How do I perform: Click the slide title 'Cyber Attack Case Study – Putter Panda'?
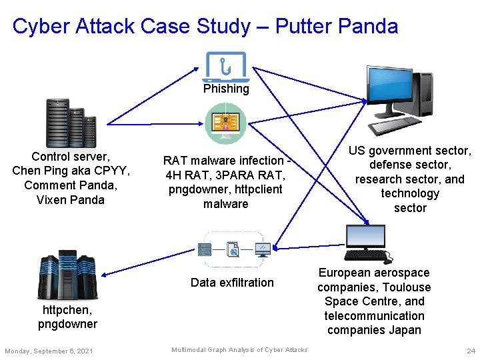205,26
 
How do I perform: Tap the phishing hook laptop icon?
226,66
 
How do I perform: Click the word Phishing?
226,89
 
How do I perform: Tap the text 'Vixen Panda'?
71,200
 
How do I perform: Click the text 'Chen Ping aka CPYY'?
71,171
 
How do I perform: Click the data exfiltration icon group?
233,250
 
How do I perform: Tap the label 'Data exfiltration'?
232,283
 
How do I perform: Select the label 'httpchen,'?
67,310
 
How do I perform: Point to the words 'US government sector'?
410,151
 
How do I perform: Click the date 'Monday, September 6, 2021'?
49,351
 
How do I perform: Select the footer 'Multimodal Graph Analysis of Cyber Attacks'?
239,350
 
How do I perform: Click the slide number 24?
471,351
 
